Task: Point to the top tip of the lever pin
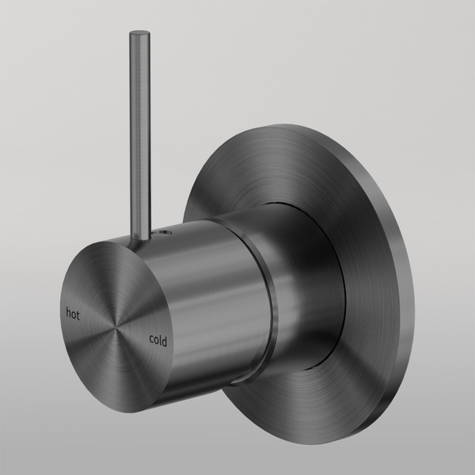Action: (x=139, y=33)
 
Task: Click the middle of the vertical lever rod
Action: (x=139, y=135)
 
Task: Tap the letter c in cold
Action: (x=151, y=339)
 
